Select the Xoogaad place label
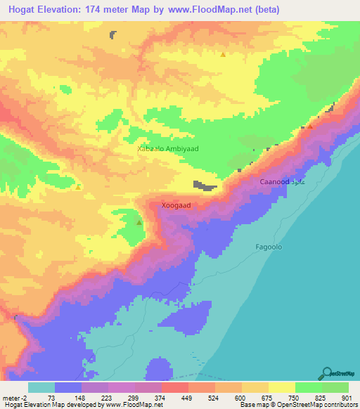[x=176, y=206]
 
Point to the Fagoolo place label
[x=267, y=247]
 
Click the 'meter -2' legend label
[x=15, y=397]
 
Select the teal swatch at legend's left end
[x=41, y=387]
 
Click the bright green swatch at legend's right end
[x=335, y=387]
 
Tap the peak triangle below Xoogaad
[x=139, y=223]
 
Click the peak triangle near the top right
[x=224, y=54]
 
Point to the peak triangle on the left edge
[x=78, y=187]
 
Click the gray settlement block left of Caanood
[x=205, y=186]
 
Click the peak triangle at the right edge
[x=310, y=126]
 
